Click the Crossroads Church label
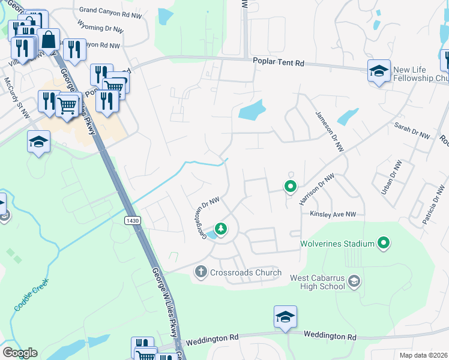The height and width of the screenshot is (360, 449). pos(246,273)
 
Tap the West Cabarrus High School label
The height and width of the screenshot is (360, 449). pos(318,282)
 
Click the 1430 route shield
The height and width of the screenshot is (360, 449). pos(133,221)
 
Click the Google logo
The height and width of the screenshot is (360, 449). pos(19,353)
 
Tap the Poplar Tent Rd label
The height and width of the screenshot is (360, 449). pos(279,62)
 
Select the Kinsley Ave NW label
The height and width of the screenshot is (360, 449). pos(333,214)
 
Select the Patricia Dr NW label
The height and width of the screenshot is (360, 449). pos(432,205)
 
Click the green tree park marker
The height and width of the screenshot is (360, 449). pos(221,228)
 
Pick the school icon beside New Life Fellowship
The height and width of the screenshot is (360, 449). pos(379,71)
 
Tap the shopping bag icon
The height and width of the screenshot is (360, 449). pos(49,40)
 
